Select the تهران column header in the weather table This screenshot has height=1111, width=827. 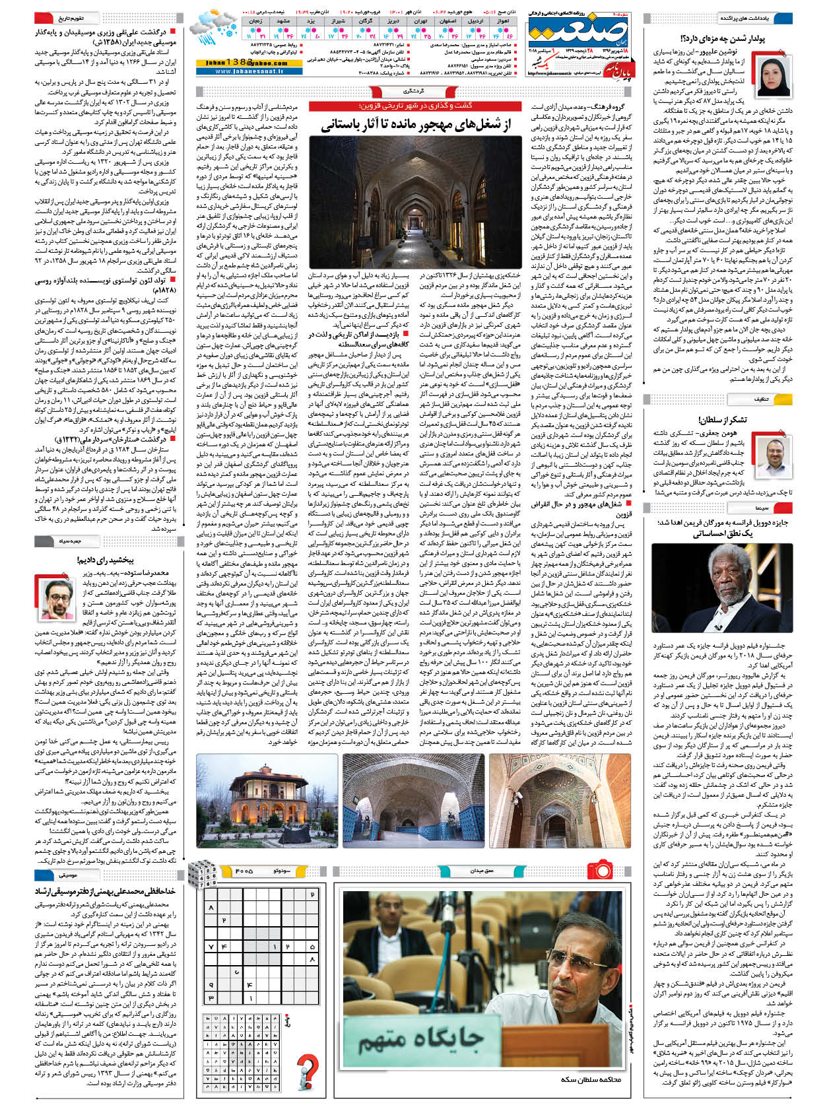pos(420,21)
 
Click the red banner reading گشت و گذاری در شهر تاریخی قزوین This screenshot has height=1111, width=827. pos(414,106)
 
